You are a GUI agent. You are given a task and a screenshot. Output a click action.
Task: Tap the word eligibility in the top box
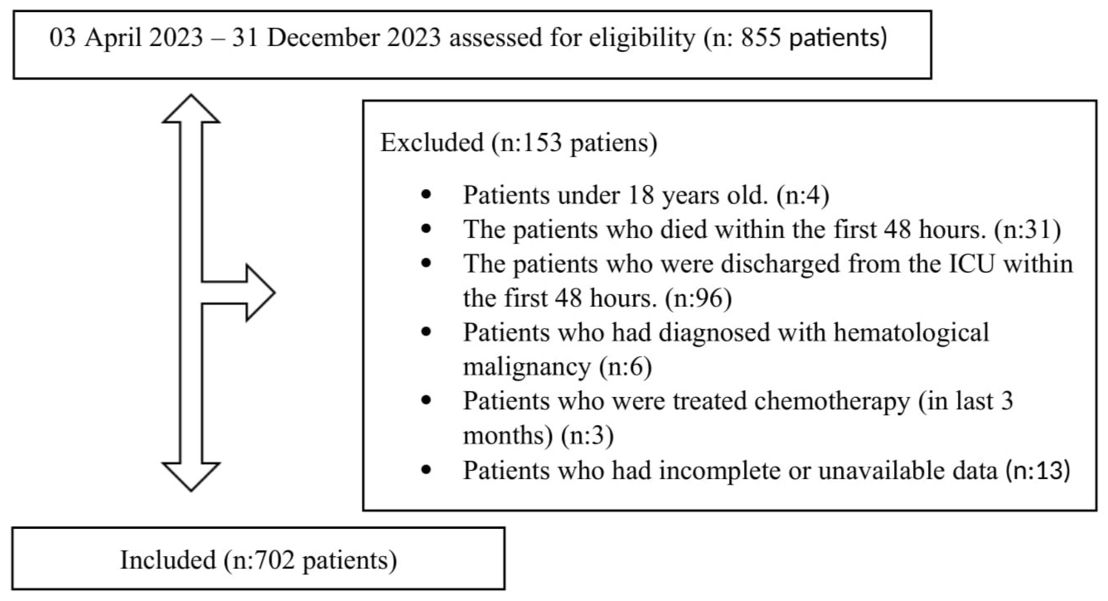click(x=642, y=38)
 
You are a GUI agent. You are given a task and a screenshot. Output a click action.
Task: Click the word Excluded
click(x=432, y=142)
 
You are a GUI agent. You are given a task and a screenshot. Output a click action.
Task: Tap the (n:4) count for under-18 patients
click(x=803, y=196)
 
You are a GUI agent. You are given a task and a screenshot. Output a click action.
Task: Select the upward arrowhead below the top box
click(x=191, y=110)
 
